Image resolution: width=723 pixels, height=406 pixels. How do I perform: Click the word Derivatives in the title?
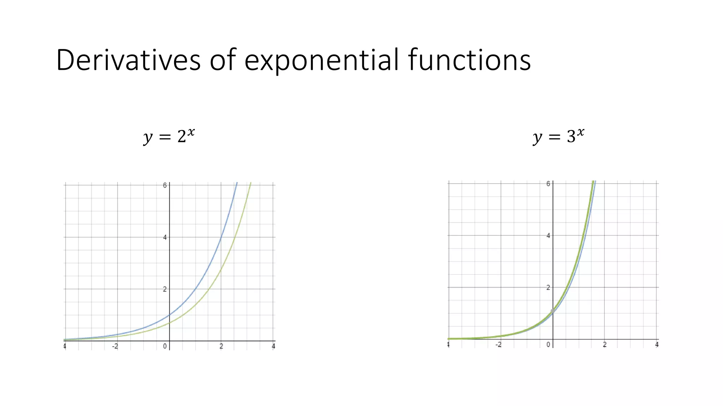point(128,60)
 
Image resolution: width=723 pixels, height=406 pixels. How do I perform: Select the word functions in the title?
point(469,60)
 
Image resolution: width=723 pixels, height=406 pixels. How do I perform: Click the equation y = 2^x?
point(169,136)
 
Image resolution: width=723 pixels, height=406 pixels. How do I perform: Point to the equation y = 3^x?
point(558,136)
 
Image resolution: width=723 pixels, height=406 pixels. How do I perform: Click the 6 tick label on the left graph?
point(165,185)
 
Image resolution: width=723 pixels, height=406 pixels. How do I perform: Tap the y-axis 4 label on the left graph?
point(165,238)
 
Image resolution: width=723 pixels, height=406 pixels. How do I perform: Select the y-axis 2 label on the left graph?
point(165,289)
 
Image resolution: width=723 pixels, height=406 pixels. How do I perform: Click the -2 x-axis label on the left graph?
point(115,346)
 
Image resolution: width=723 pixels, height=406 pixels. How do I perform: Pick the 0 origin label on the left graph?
point(165,346)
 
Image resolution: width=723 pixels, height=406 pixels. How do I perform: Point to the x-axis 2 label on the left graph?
point(221,346)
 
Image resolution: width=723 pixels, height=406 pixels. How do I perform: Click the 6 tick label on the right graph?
point(548,184)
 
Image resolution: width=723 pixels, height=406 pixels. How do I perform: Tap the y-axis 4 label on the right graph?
point(548,235)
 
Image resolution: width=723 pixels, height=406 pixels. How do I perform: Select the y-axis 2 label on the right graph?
point(548,288)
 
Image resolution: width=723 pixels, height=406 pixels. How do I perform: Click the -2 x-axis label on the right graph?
point(498,345)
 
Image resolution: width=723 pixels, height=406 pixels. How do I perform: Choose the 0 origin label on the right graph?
point(548,345)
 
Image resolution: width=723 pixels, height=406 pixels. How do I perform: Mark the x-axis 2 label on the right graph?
point(605,345)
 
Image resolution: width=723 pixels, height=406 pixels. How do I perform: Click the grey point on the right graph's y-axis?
point(553,311)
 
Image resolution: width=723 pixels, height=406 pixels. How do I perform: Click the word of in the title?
point(223,60)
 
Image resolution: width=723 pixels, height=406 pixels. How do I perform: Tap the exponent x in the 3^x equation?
point(580,133)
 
